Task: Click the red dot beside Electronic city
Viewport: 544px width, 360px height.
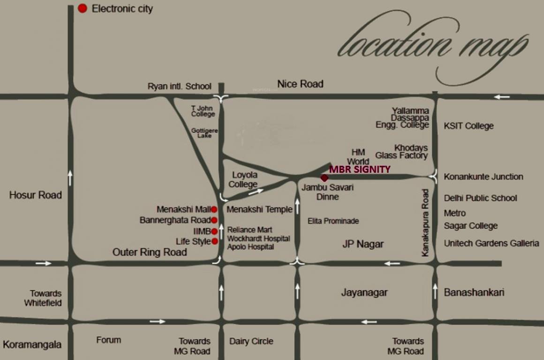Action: coord(83,8)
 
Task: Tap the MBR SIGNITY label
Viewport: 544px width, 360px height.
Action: coord(360,169)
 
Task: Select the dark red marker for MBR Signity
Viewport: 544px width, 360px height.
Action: coord(324,178)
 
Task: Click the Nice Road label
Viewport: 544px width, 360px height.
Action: coord(300,84)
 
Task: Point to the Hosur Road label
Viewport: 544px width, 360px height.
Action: coord(35,195)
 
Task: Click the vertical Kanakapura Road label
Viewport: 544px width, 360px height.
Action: coord(425,222)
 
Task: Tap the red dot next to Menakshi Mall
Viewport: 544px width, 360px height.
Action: coord(214,210)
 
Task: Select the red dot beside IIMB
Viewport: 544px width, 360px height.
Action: coord(214,231)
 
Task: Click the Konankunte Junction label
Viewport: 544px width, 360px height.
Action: coord(484,177)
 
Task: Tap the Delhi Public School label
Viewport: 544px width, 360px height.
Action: coord(480,198)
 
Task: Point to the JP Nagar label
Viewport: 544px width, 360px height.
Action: coord(363,244)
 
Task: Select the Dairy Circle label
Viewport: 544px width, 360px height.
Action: coord(251,341)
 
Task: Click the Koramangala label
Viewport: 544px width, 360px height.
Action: coord(32,345)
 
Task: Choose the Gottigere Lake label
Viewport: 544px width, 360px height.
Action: coord(204,133)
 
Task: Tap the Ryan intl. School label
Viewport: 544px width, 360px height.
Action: coord(180,86)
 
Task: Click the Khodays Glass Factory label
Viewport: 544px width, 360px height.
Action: coord(402,151)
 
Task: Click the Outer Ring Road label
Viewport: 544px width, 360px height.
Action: coord(150,252)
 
